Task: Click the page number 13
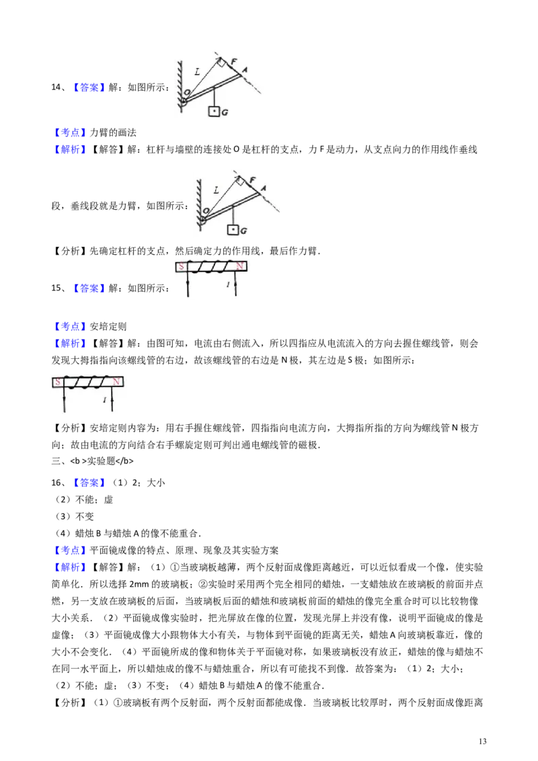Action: click(x=482, y=741)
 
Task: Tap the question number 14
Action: click(x=56, y=87)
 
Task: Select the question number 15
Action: click(x=56, y=288)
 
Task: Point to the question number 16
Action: click(x=56, y=483)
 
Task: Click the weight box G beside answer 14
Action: click(x=214, y=111)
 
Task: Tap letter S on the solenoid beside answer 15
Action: click(x=182, y=266)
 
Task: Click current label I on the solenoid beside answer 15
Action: click(x=228, y=284)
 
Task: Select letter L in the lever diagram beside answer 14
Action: click(x=197, y=72)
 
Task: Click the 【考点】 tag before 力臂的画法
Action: click(x=70, y=132)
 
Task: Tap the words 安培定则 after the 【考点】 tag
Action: click(x=108, y=327)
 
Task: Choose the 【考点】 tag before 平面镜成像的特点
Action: click(x=70, y=551)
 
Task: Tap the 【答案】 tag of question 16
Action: click(x=89, y=483)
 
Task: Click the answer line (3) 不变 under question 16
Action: click(x=74, y=516)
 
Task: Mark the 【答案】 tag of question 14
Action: click(x=89, y=87)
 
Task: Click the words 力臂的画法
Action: click(x=113, y=132)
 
